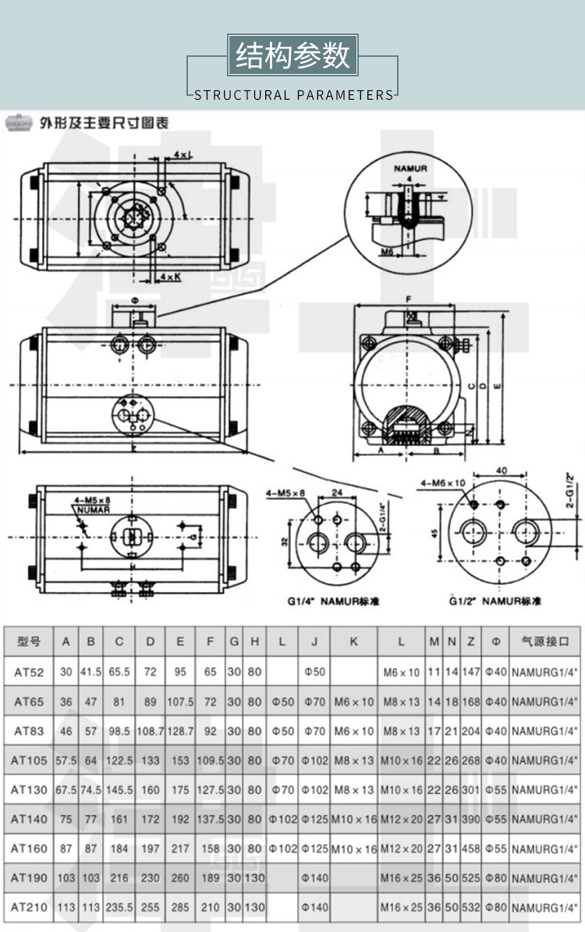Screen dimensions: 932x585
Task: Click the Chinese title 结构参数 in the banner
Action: (x=292, y=56)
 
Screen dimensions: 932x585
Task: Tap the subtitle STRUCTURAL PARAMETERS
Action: (x=293, y=95)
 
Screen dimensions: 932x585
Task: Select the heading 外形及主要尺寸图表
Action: (x=105, y=123)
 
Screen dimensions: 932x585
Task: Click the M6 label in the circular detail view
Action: (x=386, y=251)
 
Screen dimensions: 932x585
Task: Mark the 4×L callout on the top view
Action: (x=183, y=155)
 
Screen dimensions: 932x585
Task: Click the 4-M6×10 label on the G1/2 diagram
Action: (x=441, y=482)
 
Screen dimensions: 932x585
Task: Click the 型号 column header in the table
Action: (x=28, y=642)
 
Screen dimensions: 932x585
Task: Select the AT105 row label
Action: (x=29, y=760)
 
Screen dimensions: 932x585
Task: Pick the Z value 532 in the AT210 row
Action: (x=471, y=908)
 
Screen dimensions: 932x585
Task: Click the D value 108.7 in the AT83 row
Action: (x=150, y=731)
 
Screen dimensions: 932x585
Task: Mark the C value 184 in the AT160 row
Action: (x=119, y=849)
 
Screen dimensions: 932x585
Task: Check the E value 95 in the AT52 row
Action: (x=180, y=672)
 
